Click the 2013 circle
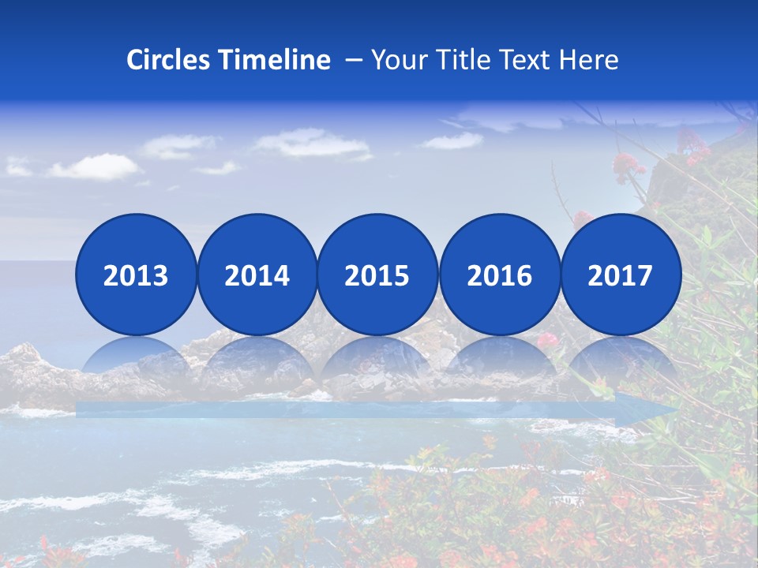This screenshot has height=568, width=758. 136,275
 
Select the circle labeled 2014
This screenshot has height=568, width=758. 257,275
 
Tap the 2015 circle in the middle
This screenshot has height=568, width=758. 377,275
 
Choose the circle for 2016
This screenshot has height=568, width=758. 499,275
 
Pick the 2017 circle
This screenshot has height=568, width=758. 621,275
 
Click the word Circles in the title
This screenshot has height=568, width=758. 168,60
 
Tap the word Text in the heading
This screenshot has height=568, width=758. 526,60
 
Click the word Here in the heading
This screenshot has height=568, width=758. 588,60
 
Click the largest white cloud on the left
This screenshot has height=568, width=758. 93,166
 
